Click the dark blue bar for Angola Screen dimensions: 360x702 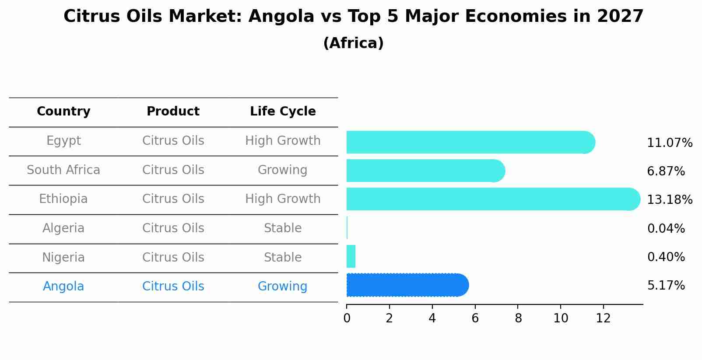pos(407,285)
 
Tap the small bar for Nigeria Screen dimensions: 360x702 pos(351,256)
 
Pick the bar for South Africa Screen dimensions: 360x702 pos(425,171)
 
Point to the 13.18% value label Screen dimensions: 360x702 pos(670,200)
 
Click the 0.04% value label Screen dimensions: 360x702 pos(666,228)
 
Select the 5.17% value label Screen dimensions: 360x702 pos(666,286)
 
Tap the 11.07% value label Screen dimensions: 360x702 pos(670,143)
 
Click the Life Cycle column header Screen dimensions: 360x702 pos(283,112)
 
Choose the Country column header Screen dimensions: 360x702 pos(63,112)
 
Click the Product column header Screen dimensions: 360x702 pos(173,112)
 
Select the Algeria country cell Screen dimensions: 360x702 pos(63,228)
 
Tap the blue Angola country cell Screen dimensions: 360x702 pos(63,287)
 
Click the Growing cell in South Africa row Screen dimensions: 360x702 pos(282,170)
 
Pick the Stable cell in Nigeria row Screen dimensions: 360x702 pos(282,258)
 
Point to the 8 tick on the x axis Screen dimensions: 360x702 pos(518,318)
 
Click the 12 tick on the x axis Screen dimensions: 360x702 pos(603,318)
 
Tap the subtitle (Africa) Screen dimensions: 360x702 pos(353,43)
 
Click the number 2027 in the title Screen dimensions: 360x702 pos(620,17)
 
